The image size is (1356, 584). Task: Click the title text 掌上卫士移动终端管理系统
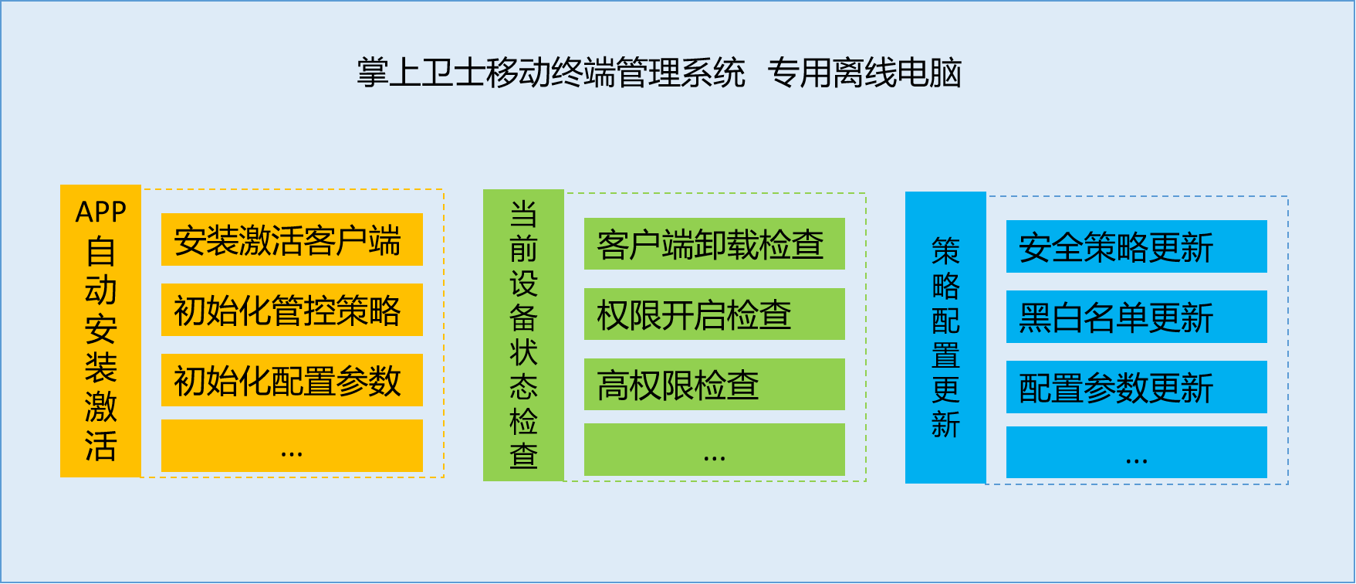(x=551, y=73)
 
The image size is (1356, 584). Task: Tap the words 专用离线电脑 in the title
(x=864, y=73)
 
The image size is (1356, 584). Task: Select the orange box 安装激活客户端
(x=292, y=239)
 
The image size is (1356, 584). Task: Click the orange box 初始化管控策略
(x=292, y=310)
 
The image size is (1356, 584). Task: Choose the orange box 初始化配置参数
(x=292, y=380)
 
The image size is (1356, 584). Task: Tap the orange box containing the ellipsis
(x=292, y=446)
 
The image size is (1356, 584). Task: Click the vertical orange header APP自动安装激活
(x=100, y=331)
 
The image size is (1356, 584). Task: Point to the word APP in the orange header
(x=100, y=212)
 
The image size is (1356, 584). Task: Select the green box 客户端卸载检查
(x=715, y=244)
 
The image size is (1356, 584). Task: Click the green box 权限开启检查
(x=715, y=314)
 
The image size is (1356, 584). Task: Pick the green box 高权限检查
(x=715, y=385)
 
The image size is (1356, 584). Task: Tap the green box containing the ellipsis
(x=715, y=450)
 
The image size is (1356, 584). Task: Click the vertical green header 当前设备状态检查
(x=523, y=335)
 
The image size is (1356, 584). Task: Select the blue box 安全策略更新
(x=1137, y=246)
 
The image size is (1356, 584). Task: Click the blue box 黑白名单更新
(x=1137, y=317)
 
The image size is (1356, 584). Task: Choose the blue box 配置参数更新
(x=1137, y=387)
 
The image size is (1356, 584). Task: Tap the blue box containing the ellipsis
(x=1137, y=453)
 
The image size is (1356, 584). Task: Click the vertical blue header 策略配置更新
(x=945, y=338)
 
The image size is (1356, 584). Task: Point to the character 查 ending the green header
(x=523, y=456)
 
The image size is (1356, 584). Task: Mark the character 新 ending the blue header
(x=945, y=424)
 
